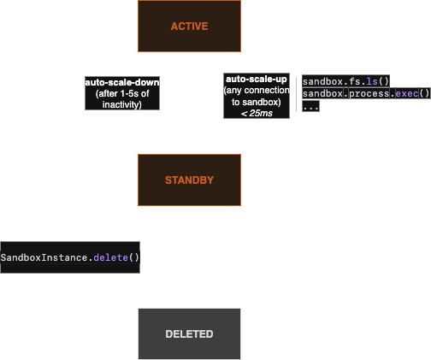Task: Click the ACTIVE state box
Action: click(189, 27)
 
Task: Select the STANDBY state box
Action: click(189, 180)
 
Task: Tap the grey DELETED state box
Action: click(189, 333)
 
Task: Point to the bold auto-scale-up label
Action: click(256, 79)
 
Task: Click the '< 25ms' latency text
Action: click(256, 112)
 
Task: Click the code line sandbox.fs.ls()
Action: click(345, 80)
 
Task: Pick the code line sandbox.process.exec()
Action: click(365, 94)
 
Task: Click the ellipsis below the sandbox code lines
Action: click(310, 108)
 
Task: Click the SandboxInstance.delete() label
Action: click(69, 257)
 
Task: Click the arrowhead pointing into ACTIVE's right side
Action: click(245, 27)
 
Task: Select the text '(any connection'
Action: click(256, 90)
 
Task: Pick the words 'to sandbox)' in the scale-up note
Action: click(256, 101)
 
